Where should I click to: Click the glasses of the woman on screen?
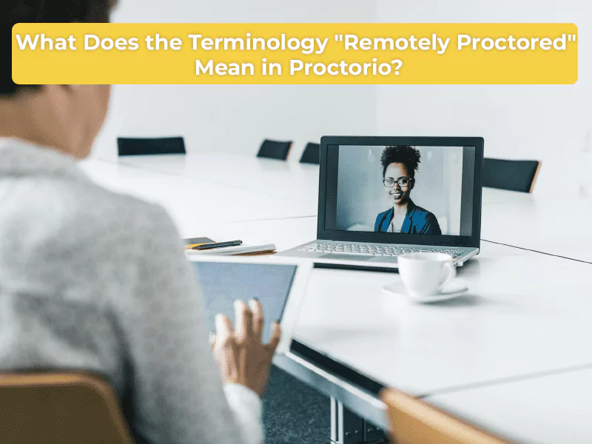398,181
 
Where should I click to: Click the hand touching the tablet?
244,340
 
